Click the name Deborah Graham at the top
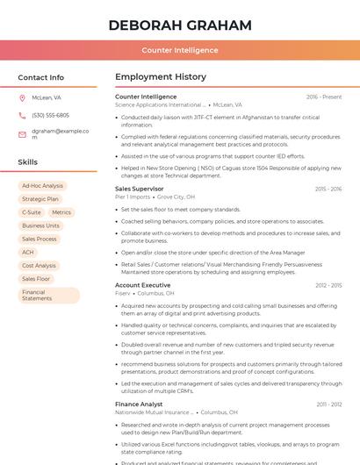coord(180,25)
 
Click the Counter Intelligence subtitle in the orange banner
coord(180,50)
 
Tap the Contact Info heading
coord(41,77)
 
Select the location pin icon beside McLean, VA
coord(22,98)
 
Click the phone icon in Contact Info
coord(22,115)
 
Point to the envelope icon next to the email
coord(22,133)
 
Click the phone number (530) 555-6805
coord(50,115)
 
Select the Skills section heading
coord(28,162)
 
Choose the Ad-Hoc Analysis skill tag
coord(42,186)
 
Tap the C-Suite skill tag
coord(32,212)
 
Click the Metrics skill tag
coord(61,212)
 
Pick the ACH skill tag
coord(28,252)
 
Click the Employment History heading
coord(161,77)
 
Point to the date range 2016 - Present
coord(324,97)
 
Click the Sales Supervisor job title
coord(140,189)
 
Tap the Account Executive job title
coord(143,285)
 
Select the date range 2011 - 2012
coord(329,404)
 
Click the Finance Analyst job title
coord(139,404)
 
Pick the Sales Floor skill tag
coord(36,278)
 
